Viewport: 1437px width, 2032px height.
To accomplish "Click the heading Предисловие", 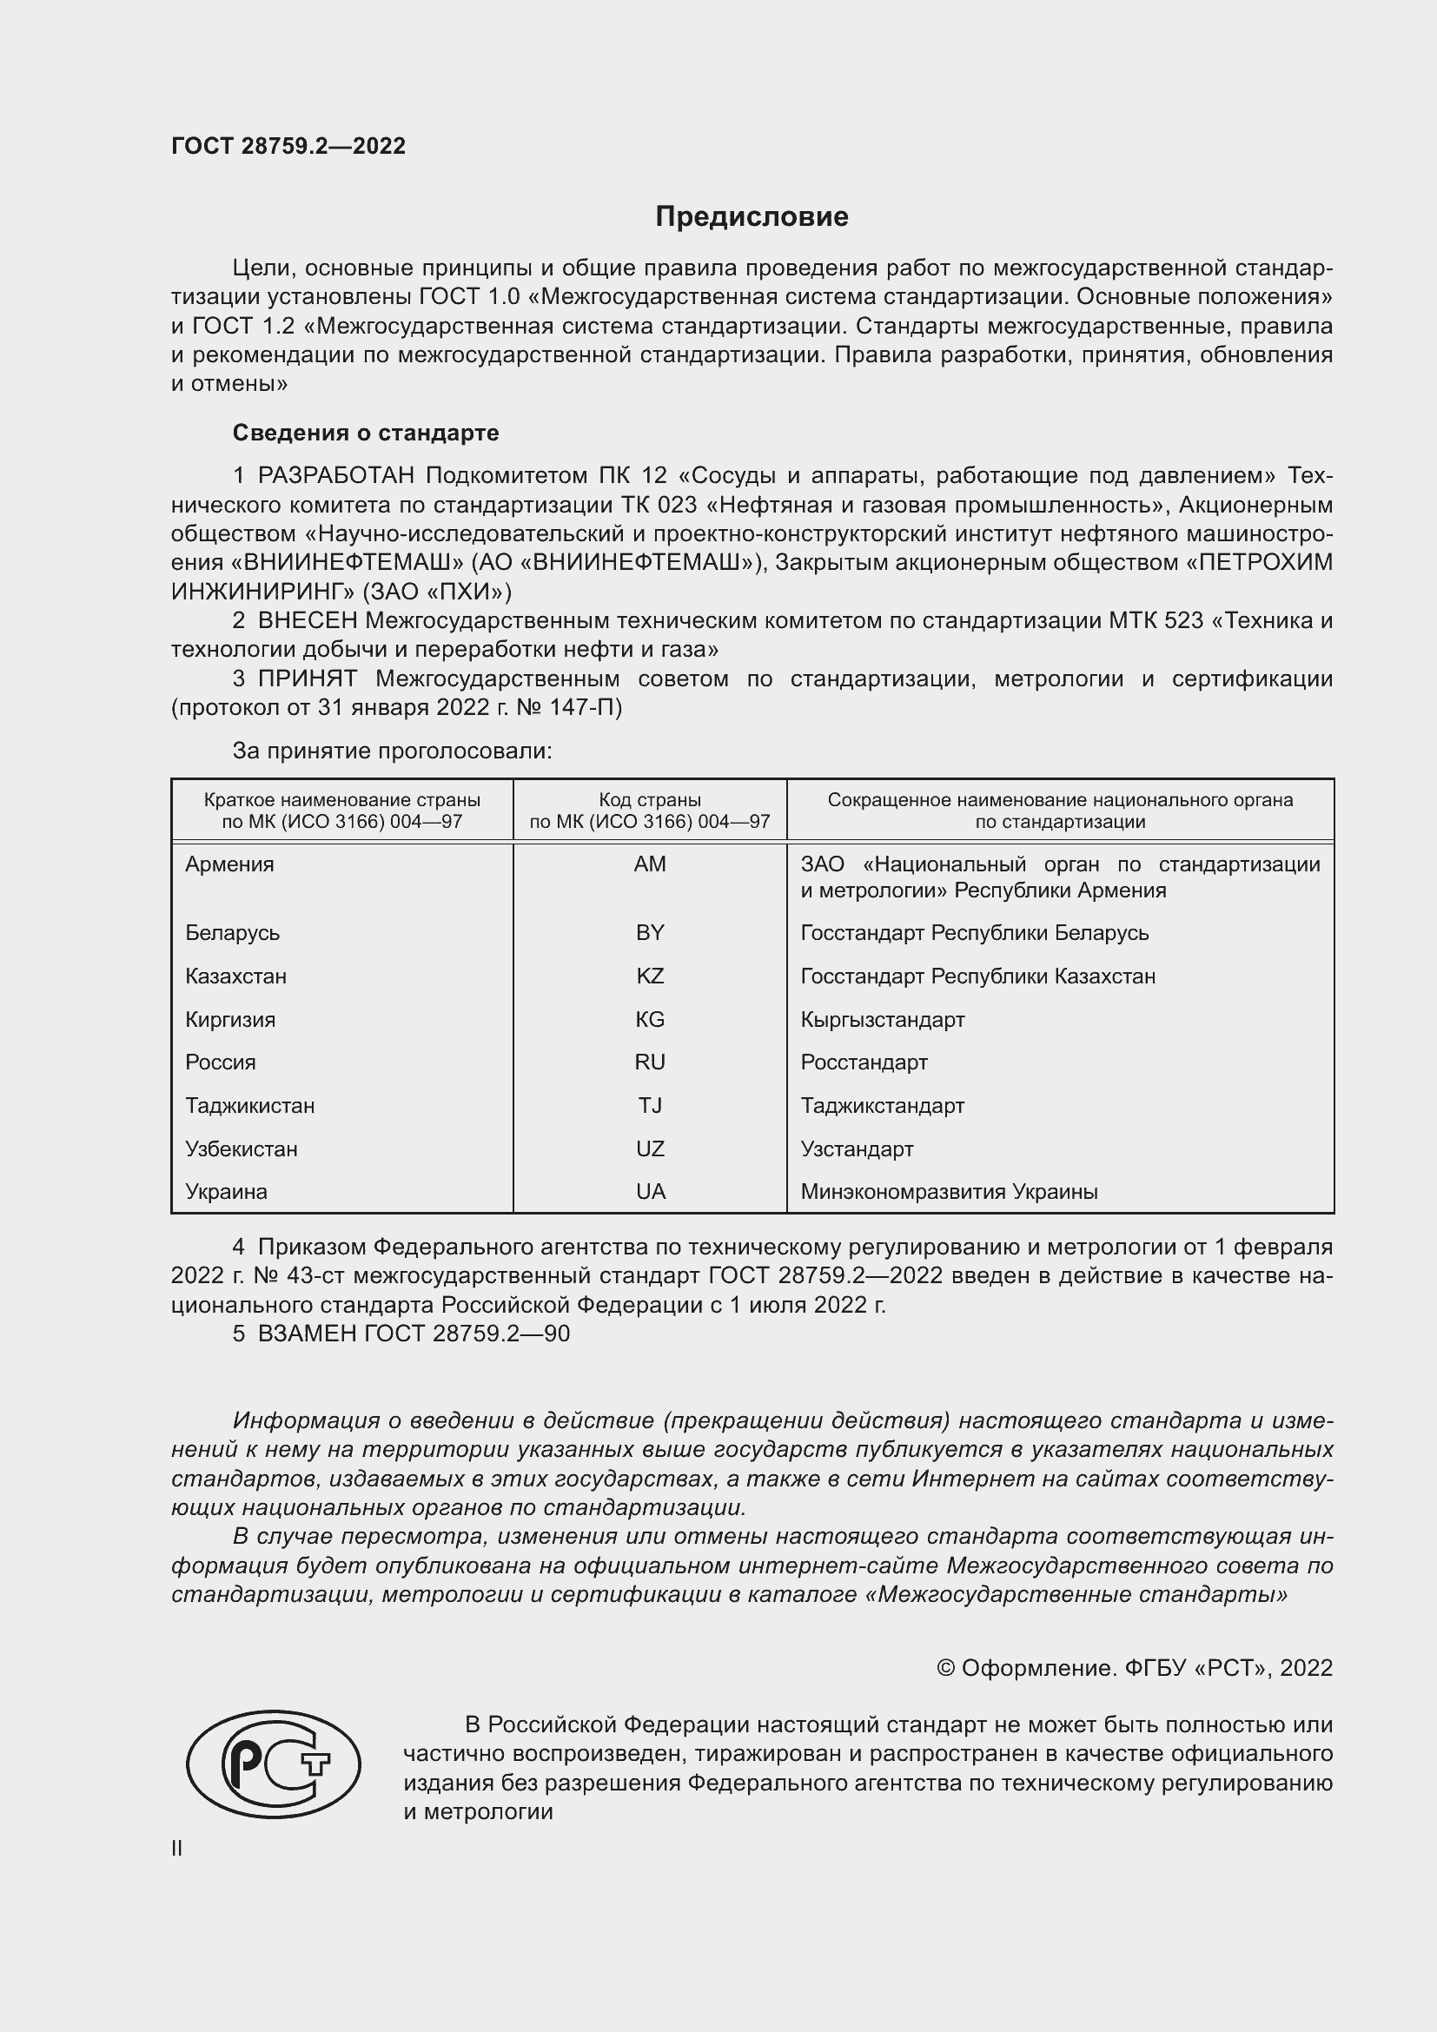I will tap(752, 217).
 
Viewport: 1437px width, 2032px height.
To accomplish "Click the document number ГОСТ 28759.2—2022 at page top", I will tap(288, 146).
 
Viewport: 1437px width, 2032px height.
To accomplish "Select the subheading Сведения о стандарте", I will tap(366, 433).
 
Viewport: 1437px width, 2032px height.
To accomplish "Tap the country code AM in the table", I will tap(650, 864).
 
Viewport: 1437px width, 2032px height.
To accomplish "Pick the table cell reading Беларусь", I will tap(232, 933).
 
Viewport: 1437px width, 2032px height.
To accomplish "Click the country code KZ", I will tap(650, 976).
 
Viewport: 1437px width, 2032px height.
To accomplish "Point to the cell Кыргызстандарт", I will tap(882, 1020).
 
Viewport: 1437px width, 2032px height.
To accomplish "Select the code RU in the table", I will tap(650, 1062).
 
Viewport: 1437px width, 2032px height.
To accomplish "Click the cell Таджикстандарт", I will tap(882, 1105).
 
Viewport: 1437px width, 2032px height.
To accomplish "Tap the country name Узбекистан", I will tap(241, 1148).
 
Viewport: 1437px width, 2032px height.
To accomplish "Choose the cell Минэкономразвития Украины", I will tap(949, 1192).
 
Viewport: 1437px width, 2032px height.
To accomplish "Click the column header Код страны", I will tap(650, 800).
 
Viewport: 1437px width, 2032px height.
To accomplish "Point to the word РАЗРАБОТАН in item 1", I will tap(336, 476).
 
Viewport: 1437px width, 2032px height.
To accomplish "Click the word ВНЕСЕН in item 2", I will tap(307, 621).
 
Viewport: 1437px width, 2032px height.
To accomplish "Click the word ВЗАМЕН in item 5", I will tap(307, 1334).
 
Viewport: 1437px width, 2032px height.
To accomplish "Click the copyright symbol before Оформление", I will tap(946, 1668).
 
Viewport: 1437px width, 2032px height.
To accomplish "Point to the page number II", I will tap(177, 1849).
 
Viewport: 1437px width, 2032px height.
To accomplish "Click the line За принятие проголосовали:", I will tap(392, 751).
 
